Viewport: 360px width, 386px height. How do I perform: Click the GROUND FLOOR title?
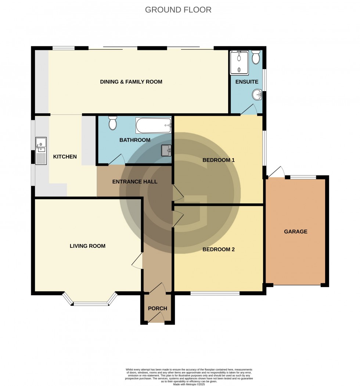point(178,10)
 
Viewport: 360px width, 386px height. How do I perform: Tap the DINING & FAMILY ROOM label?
point(131,82)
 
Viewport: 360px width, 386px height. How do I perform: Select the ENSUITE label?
point(247,82)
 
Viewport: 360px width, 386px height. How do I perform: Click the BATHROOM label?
point(135,140)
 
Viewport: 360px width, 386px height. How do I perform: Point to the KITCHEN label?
point(65,157)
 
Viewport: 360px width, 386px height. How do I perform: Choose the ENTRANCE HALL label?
point(135,182)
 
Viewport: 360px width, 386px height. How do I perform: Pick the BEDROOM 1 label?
point(219,160)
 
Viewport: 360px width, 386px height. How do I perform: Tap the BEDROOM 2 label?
point(219,249)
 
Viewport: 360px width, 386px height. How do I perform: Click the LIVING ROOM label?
point(87,246)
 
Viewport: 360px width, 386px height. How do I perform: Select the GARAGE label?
point(296,232)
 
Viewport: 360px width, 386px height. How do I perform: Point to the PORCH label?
point(158,308)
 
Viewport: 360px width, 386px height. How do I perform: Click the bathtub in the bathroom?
point(154,125)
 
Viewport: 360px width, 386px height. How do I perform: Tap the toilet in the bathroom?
point(113,123)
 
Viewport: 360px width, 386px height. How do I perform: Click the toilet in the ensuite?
point(256,57)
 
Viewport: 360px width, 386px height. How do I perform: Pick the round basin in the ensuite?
point(257,95)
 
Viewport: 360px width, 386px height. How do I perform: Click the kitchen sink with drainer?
point(41,150)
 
